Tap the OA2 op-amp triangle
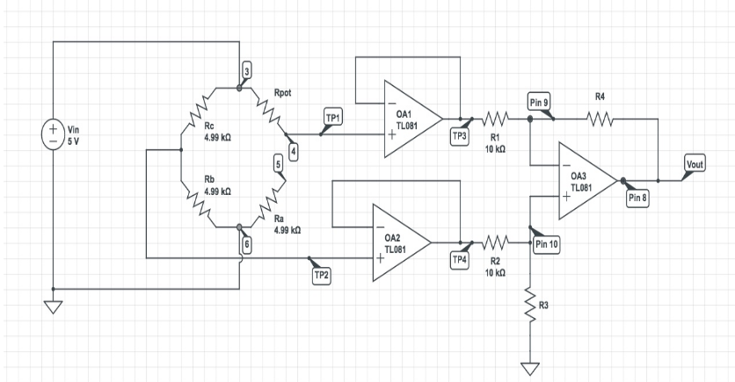click(399, 242)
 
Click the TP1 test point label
click(333, 117)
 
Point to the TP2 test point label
click(323, 275)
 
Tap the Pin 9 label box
click(539, 104)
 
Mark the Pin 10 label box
click(547, 244)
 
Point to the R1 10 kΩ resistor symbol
click(495, 119)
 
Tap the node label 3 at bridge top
click(247, 70)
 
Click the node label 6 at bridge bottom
click(247, 245)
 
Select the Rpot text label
click(283, 92)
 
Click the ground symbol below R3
click(529, 368)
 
